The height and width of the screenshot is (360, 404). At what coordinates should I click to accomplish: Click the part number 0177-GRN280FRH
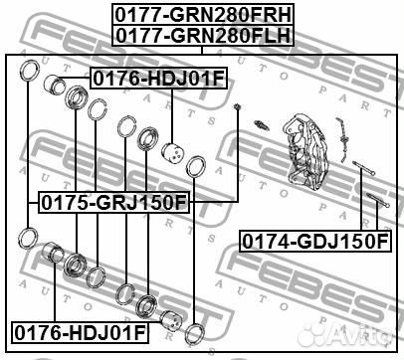point(203,15)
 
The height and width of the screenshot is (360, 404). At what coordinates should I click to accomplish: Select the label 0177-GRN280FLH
point(203,36)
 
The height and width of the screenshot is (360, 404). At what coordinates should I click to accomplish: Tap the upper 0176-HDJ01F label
point(159,79)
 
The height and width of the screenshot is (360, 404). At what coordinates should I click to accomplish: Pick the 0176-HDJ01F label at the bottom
point(80,332)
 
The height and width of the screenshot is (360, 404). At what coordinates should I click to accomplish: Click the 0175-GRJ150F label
point(114,203)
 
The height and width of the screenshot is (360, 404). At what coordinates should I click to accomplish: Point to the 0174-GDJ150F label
point(315,241)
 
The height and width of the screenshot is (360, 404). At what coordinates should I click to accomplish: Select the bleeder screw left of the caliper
point(262,126)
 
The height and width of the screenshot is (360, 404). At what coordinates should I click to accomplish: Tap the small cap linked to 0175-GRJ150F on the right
point(237,106)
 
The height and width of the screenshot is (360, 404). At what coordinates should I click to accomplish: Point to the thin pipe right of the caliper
point(342,139)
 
